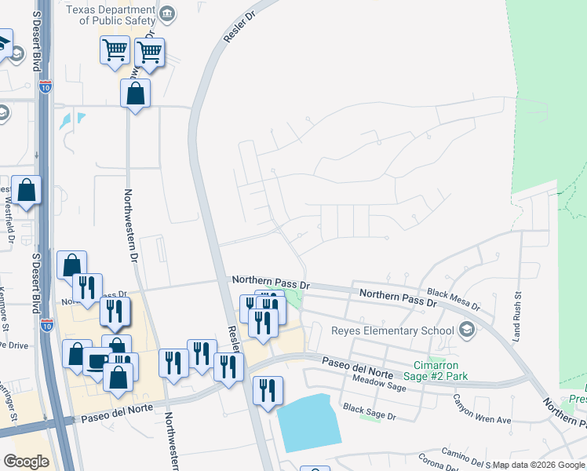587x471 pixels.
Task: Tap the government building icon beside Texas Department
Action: click(x=167, y=13)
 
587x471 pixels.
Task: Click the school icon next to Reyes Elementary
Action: click(x=469, y=330)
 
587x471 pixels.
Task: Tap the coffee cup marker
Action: click(x=97, y=361)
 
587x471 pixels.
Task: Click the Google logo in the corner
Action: click(x=25, y=462)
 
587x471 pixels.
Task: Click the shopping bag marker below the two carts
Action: click(x=136, y=93)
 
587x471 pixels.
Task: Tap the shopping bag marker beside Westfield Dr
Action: click(x=27, y=190)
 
